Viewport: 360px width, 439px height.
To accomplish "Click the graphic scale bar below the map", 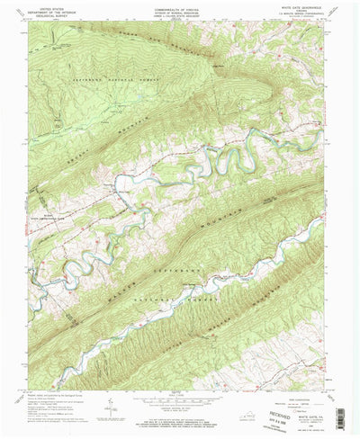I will [180, 401].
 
